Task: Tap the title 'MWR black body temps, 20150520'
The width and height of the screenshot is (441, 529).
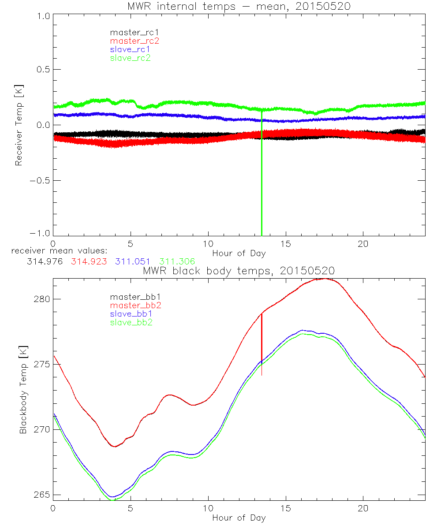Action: pyautogui.click(x=239, y=271)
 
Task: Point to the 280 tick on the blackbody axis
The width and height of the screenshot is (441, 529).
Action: pyautogui.click(x=42, y=299)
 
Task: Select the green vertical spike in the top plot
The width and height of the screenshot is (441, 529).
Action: pyautogui.click(x=262, y=176)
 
